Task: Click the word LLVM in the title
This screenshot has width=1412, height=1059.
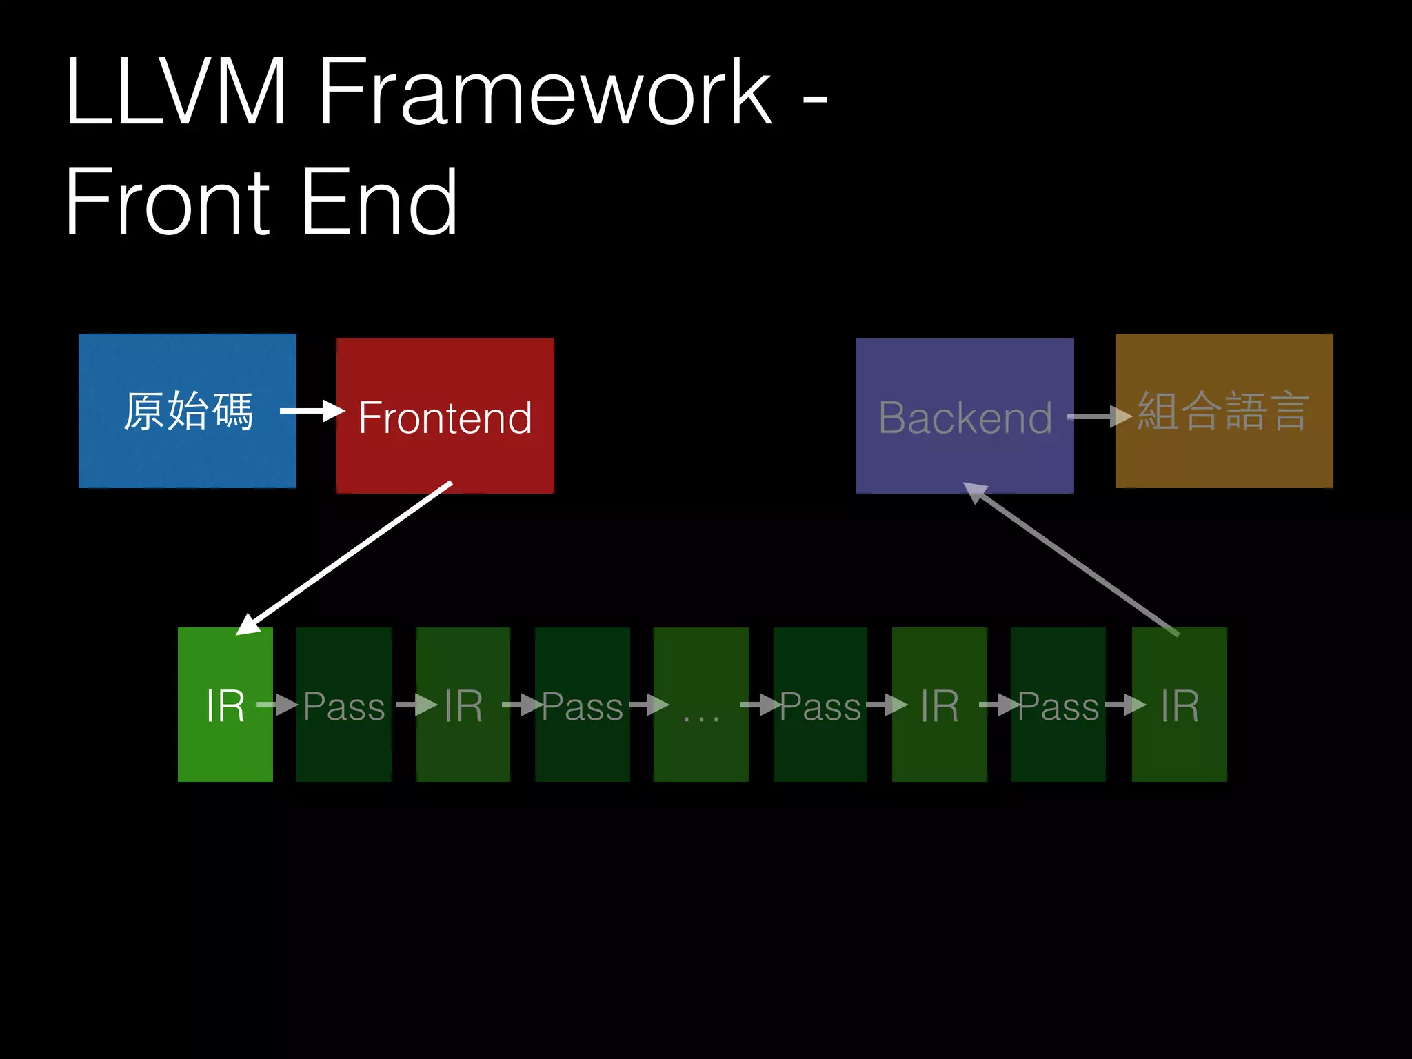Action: click(176, 93)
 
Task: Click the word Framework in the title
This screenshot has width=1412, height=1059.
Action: click(545, 93)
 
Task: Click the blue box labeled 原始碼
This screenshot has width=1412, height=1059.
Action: click(187, 411)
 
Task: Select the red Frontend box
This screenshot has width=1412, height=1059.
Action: click(445, 416)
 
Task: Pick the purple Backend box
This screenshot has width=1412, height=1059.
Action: click(965, 416)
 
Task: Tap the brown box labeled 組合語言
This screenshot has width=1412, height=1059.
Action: click(1224, 411)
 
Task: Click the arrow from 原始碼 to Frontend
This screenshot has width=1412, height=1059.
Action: click(312, 412)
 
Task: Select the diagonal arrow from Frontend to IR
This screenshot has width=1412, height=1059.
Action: click(345, 557)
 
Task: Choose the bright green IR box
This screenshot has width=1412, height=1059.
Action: click(225, 705)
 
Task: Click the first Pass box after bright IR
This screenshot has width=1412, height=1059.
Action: click(343, 705)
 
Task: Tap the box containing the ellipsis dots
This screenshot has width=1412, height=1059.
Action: click(700, 705)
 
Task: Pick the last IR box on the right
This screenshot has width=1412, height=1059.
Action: click(1179, 705)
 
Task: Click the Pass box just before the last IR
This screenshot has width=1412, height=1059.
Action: click(1058, 705)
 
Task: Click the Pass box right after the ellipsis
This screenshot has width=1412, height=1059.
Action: click(820, 705)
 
